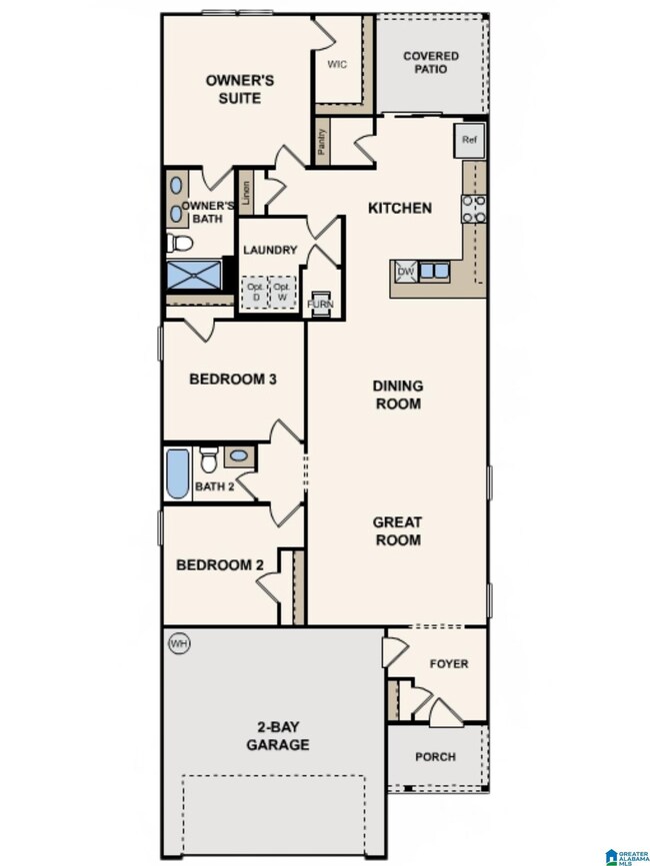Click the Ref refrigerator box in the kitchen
coord(470,140)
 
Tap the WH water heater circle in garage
coord(179,643)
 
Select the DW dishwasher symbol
coord(405,271)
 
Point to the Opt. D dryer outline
coord(254,292)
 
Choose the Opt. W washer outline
coord(283,292)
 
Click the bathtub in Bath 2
coord(177,473)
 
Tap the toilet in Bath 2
coord(209,459)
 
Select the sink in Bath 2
coord(238,456)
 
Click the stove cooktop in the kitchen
coord(473,207)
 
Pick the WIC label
coord(337,64)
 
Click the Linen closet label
coord(245,192)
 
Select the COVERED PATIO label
coord(431,63)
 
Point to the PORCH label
coord(435,756)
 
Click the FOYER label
coord(448,663)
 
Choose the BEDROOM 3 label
coord(233,380)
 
